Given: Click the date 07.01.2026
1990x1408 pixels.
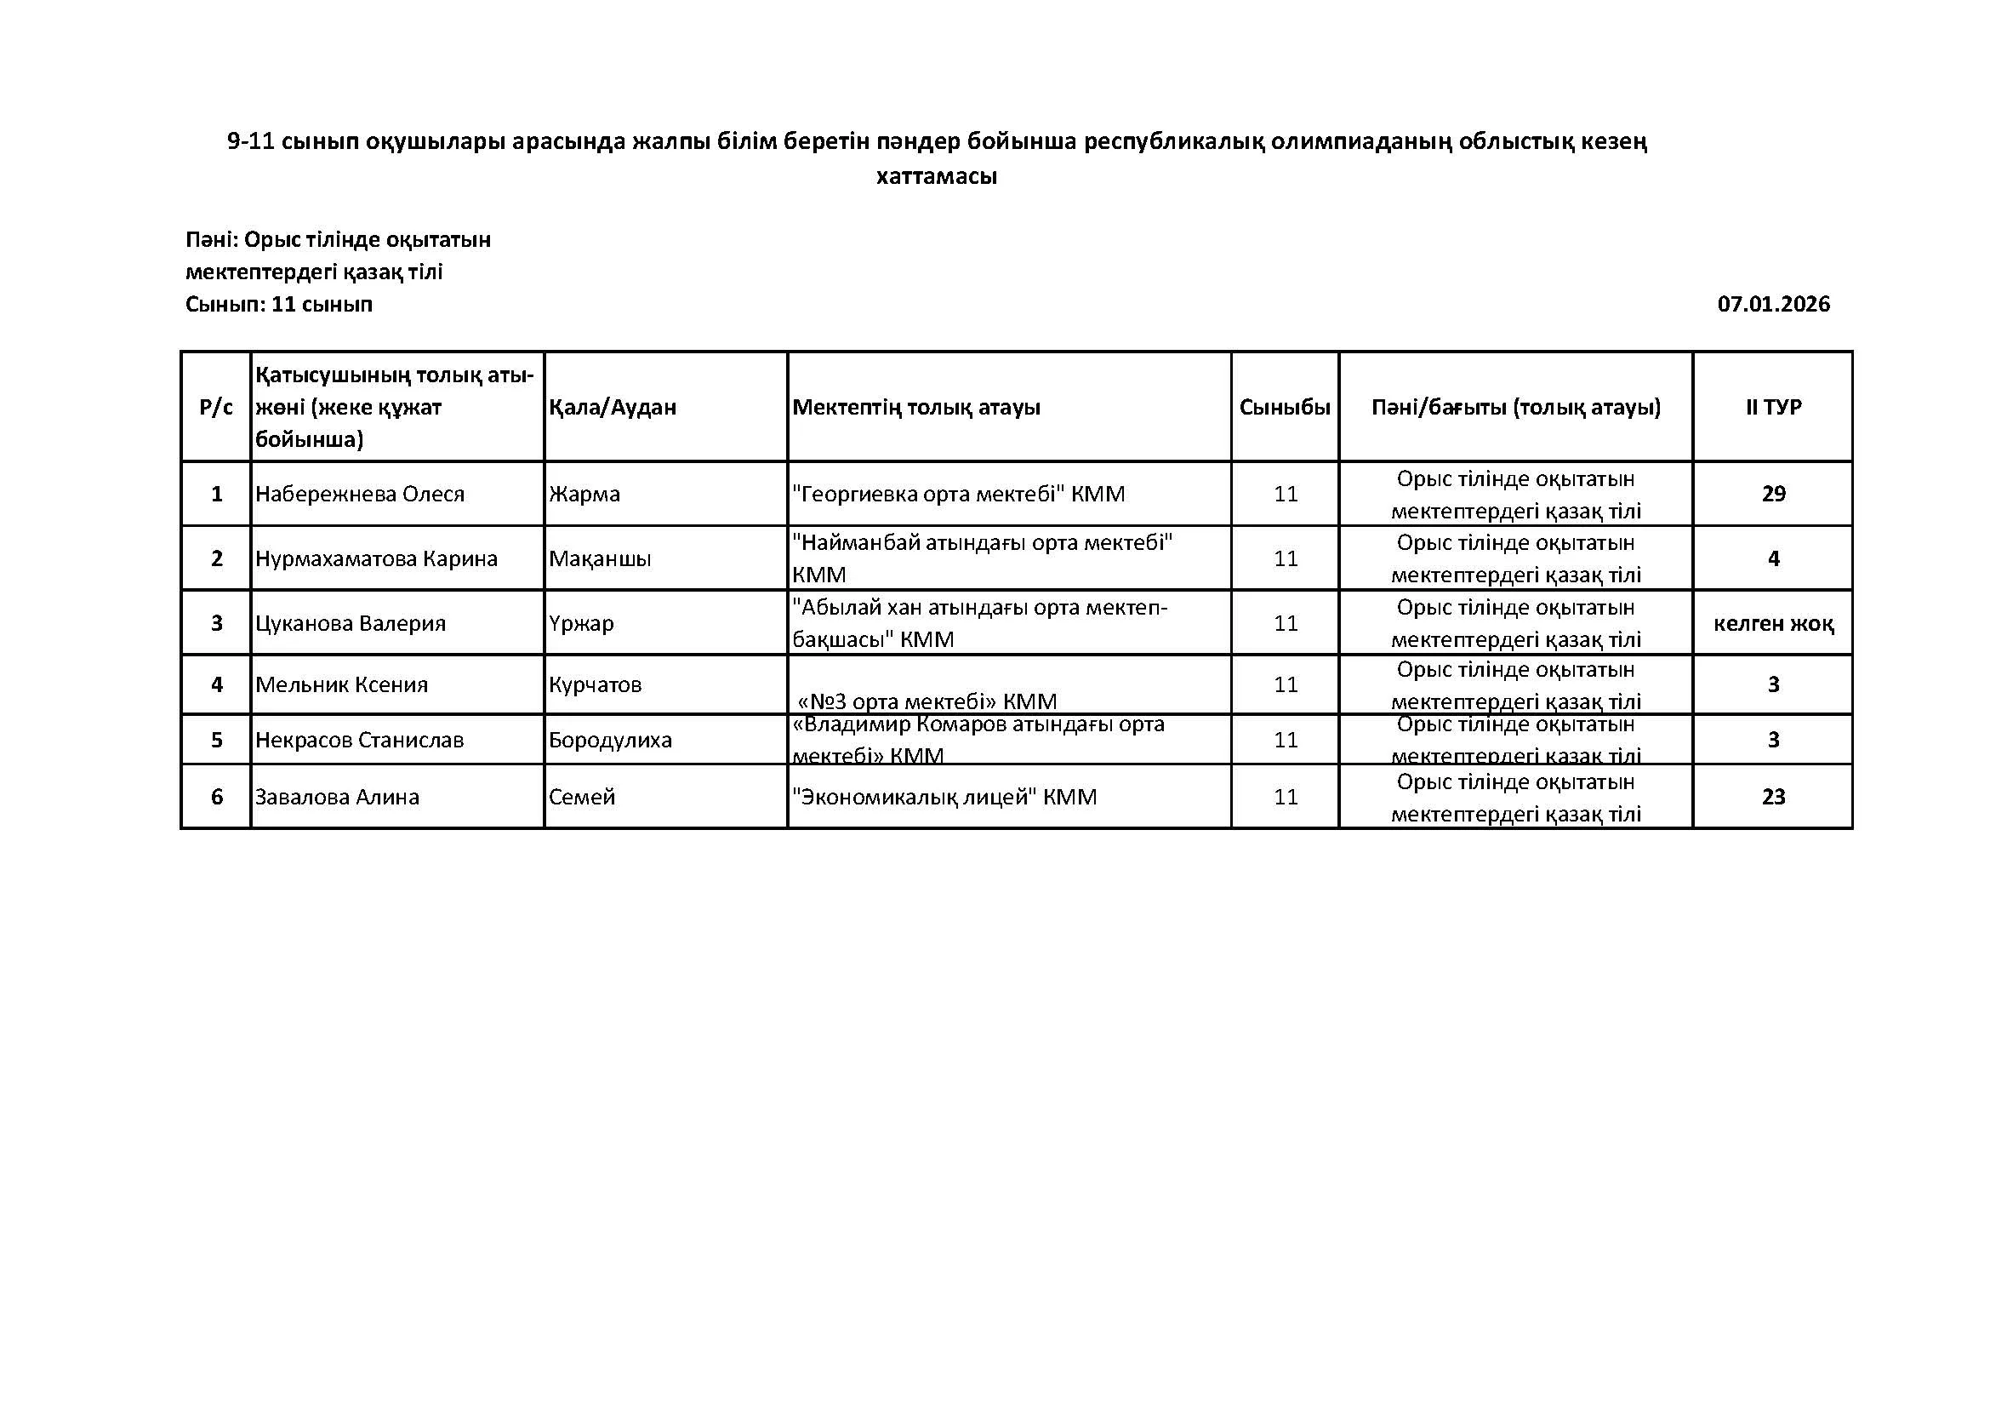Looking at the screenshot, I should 1773,304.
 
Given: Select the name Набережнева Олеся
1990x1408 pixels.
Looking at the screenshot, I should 360,495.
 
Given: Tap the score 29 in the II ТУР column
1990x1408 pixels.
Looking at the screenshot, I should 1773,495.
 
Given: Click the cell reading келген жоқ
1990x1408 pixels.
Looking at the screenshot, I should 1773,623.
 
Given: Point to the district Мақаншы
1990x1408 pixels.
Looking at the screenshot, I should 600,558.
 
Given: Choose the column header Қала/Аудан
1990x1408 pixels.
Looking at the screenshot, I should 613,407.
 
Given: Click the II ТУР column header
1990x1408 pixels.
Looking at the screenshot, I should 1773,407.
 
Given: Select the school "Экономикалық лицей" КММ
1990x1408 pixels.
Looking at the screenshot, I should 944,797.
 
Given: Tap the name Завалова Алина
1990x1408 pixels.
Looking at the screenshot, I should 337,797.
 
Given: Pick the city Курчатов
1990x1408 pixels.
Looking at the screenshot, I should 596,685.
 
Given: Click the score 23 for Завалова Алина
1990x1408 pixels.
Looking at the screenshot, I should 1773,797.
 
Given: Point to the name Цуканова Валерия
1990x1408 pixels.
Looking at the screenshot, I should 351,623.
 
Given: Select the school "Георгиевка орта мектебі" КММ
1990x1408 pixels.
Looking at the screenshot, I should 959,495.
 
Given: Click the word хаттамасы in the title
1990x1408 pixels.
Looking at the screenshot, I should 936,177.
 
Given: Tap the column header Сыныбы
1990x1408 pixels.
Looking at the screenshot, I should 1285,407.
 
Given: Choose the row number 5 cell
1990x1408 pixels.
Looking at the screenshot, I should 217,740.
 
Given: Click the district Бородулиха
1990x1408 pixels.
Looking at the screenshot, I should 610,740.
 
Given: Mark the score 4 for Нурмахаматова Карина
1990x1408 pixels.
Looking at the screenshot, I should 1773,558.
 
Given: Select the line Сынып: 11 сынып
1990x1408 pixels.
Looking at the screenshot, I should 279,304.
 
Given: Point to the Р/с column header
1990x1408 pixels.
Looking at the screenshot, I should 217,407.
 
